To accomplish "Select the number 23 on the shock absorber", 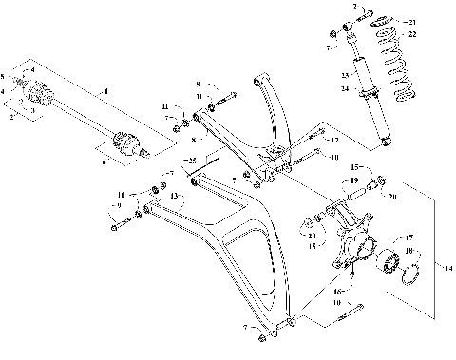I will coord(343,75).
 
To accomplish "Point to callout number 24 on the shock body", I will coord(343,88).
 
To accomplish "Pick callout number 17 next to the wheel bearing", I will coord(411,237).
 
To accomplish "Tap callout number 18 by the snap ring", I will coord(411,252).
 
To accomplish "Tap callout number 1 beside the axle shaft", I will coord(105,90).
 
